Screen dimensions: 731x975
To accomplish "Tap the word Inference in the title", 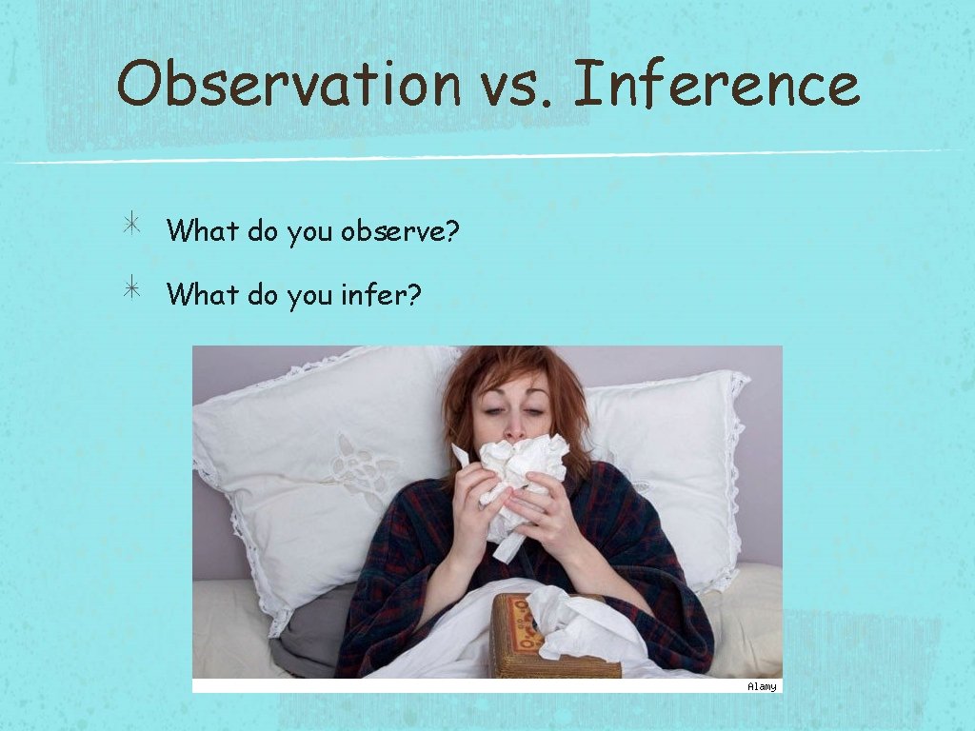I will tap(716, 83).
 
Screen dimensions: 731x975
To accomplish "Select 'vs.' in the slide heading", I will tap(515, 85).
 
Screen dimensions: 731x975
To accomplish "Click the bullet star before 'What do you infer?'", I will tap(131, 290).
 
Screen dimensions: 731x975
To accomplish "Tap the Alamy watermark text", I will tap(761, 686).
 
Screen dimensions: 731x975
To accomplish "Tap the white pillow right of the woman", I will tap(676, 447).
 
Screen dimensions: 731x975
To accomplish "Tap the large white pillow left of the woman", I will tap(305, 457).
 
